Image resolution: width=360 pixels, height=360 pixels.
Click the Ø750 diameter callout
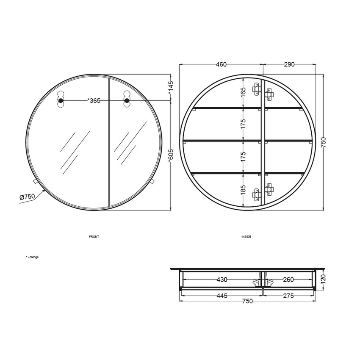(27, 197)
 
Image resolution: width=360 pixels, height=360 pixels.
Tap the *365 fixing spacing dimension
(94, 100)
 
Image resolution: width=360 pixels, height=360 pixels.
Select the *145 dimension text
(171, 88)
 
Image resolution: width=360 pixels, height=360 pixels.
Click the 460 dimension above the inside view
(221, 64)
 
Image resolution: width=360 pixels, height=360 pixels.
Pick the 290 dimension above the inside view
(289, 64)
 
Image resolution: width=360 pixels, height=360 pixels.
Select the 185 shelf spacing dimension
(244, 190)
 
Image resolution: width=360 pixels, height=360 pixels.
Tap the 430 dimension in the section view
(222, 280)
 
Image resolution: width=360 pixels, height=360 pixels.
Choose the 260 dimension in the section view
(288, 280)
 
